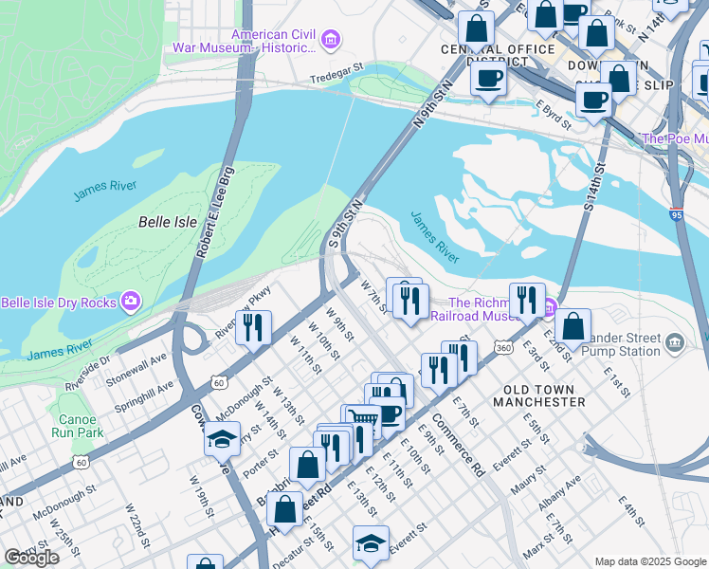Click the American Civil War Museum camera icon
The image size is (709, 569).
[x=330, y=39]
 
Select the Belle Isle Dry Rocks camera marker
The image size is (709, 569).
[x=130, y=303]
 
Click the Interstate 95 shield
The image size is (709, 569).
[x=676, y=215]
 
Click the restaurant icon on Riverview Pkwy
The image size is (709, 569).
[x=253, y=327]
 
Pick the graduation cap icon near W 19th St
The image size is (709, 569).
[x=222, y=440]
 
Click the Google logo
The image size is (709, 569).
[x=31, y=558]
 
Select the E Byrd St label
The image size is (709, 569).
[x=553, y=114]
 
